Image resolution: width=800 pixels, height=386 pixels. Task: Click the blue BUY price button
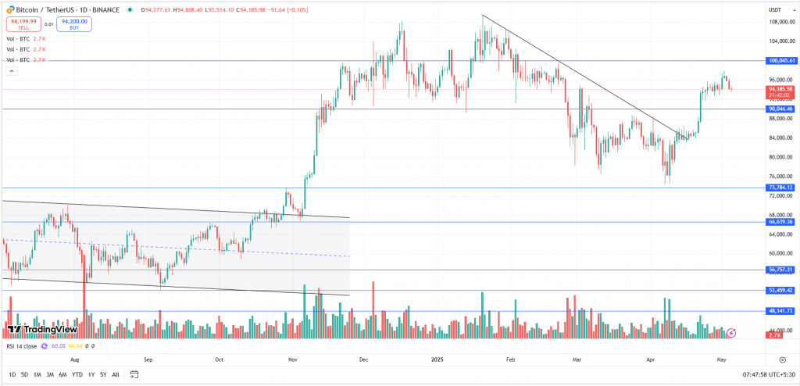pos(73,23)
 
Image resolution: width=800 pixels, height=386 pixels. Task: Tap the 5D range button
pos(25,375)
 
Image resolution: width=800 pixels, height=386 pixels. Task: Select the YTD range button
pos(77,375)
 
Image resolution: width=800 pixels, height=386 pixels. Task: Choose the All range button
pos(116,375)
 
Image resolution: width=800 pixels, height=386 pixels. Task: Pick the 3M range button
pos(49,375)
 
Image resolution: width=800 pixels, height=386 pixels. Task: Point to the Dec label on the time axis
pos(363,360)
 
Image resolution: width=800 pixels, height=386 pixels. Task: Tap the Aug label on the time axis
pos(75,360)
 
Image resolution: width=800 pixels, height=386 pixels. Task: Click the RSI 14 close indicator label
pos(23,345)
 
